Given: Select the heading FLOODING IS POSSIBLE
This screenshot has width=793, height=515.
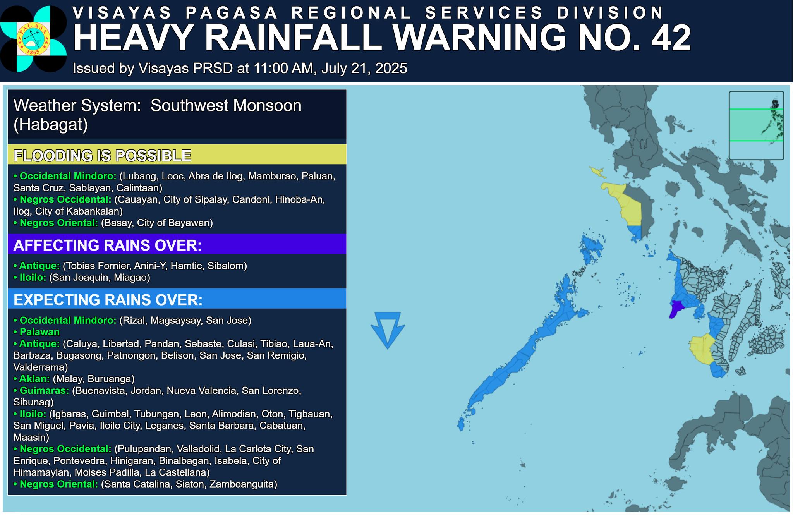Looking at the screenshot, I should [x=102, y=156].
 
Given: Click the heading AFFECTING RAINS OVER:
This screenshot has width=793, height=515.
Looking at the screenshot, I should [x=107, y=245].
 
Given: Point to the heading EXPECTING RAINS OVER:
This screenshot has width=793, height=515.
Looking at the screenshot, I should [x=108, y=300].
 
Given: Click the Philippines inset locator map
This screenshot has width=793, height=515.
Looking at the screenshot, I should [x=756, y=125].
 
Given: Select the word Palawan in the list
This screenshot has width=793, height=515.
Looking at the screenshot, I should [x=39, y=332].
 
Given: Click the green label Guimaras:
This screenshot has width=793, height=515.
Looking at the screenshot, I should [x=44, y=390].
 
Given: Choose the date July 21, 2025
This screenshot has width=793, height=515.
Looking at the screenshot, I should [x=364, y=69].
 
